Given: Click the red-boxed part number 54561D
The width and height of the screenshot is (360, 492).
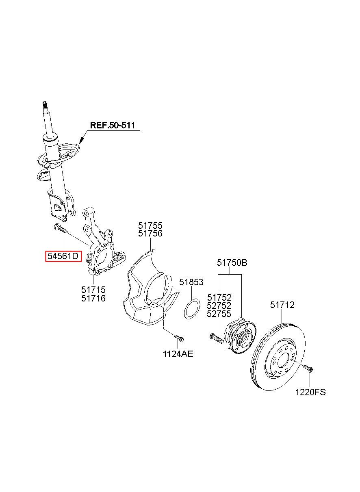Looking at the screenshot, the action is pos(63,256).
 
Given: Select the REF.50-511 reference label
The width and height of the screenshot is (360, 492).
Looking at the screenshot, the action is pos(113,126).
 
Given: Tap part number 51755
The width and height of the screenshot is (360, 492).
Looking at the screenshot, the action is pos(150,225).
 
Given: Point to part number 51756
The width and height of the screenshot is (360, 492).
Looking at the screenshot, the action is pos(150,233).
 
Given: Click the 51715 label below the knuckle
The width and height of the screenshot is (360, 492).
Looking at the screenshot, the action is pos(93,290).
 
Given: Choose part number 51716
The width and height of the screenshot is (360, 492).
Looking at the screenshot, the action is pos(93,298).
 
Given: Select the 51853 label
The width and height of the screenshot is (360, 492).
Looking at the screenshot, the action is pos(191,282).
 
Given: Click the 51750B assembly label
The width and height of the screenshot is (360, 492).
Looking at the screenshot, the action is pos(232,263).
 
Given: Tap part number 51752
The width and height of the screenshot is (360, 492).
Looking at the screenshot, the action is pos(219,298).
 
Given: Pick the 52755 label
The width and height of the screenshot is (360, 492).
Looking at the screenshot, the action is pos(219,314).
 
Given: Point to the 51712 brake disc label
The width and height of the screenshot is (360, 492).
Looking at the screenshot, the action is pos(282,305).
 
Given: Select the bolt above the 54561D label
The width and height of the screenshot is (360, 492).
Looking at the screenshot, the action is pos(61,229).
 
